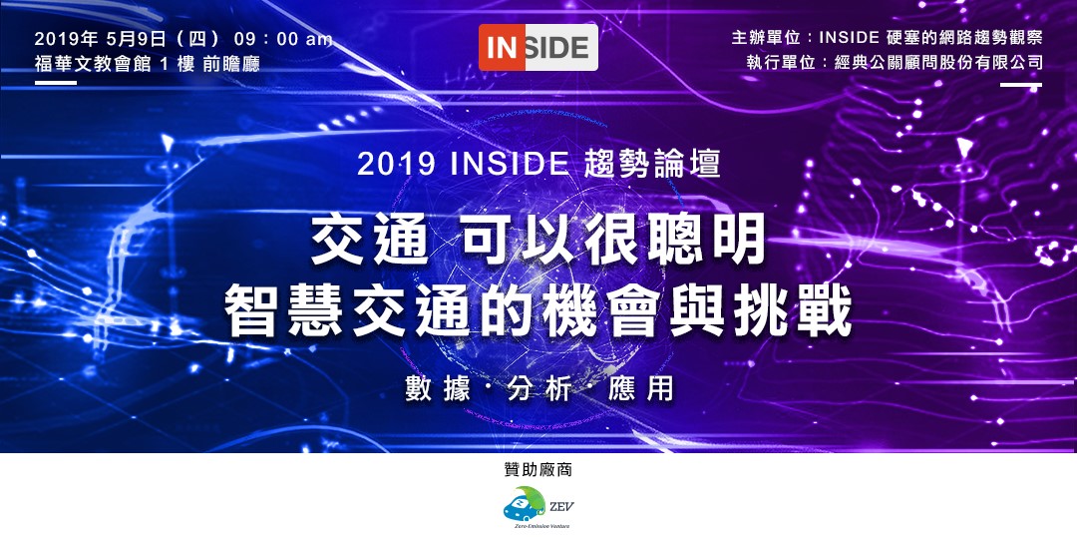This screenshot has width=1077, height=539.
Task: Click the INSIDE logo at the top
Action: click(x=538, y=48)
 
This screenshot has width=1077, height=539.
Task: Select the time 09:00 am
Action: click(x=283, y=39)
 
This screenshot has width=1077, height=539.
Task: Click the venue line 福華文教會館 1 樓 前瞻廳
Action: click(x=147, y=64)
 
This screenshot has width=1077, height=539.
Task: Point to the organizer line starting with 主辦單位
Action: click(x=887, y=39)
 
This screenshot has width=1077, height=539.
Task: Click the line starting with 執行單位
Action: click(x=895, y=63)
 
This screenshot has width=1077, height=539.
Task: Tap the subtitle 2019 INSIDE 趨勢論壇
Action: click(x=538, y=165)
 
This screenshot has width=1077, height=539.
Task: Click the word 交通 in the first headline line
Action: click(x=371, y=241)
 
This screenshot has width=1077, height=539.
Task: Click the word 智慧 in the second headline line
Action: click(x=286, y=311)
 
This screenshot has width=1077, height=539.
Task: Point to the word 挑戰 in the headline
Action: click(x=792, y=311)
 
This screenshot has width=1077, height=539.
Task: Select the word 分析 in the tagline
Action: click(x=538, y=390)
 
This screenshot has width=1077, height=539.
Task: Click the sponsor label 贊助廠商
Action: click(x=538, y=470)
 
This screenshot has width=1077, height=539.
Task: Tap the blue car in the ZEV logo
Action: click(x=525, y=507)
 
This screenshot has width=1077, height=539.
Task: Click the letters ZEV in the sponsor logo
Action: click(x=561, y=507)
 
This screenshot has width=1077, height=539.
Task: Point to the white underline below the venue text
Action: click(x=56, y=83)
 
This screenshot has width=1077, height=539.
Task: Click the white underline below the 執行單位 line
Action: click(x=1021, y=85)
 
